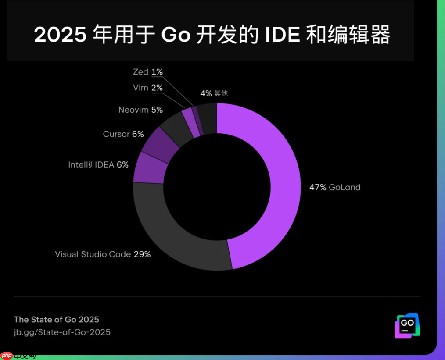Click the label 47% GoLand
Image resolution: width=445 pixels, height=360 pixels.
point(334,187)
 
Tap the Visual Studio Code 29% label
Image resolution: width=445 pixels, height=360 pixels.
point(103,254)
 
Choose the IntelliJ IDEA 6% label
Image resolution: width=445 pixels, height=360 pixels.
point(98,164)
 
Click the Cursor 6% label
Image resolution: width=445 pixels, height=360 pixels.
point(123,134)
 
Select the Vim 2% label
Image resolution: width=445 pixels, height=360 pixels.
point(148,88)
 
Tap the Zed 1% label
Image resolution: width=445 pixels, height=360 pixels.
point(148,72)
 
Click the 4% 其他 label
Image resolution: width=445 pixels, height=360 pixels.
point(214,93)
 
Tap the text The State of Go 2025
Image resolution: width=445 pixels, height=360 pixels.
point(57,319)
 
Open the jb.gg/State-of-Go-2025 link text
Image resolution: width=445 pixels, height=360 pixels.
point(62,332)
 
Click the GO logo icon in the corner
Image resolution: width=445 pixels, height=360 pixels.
point(408,325)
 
